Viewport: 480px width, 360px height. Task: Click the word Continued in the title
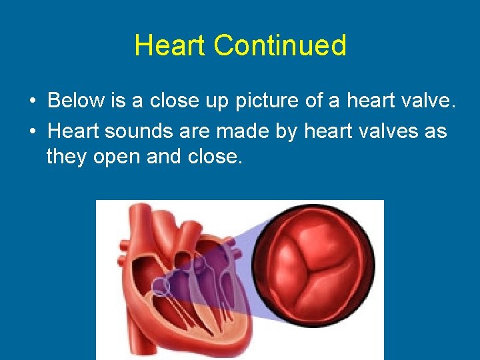coord(280,46)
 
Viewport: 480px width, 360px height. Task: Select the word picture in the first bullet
coord(265,101)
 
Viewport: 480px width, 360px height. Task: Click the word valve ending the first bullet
coord(428,101)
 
